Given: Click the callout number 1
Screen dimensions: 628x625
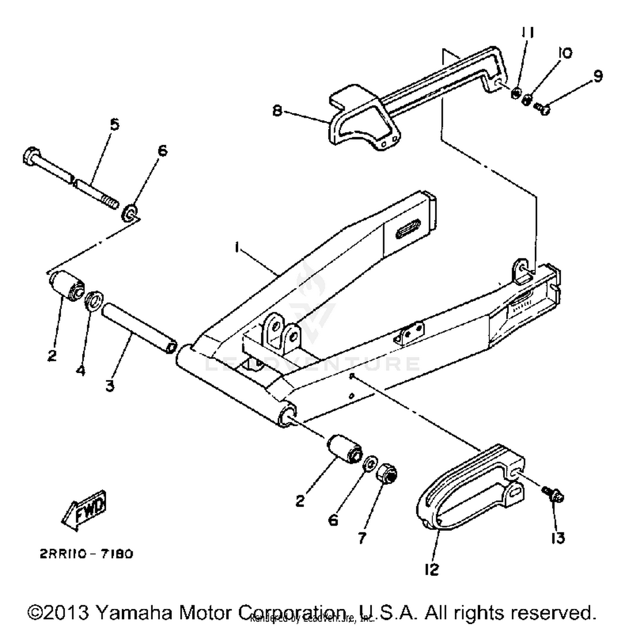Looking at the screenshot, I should point(237,248).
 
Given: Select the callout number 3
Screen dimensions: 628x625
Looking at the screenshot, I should point(110,386).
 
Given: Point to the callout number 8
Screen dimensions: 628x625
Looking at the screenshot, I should point(277,111).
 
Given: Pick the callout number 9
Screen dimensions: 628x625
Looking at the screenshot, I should point(598,76).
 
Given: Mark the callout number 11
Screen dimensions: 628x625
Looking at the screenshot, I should point(528,33).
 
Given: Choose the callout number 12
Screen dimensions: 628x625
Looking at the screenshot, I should point(432,570).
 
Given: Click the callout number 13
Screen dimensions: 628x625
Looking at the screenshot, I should point(558,538).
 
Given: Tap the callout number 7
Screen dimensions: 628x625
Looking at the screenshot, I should point(362,538).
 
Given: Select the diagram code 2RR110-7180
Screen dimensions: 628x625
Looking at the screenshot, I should point(87,554).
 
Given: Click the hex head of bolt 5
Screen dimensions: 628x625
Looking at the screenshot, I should point(31,156).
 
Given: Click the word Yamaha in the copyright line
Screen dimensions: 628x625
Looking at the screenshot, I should point(134,613).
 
